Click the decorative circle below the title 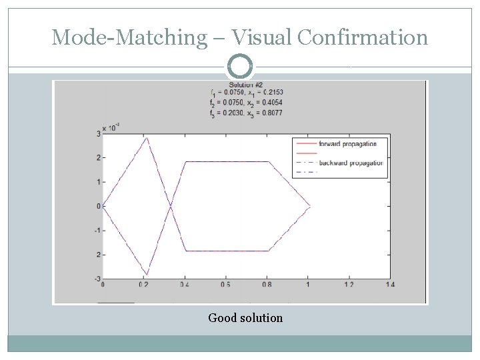pos(240,66)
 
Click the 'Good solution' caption pos(245,318)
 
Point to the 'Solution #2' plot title pos(245,85)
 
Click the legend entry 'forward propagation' pos(347,143)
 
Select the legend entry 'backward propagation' pos(351,163)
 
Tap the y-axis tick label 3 pos(98,134)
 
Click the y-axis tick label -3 pos(97,279)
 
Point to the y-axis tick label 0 pos(98,206)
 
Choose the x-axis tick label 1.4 pos(389,285)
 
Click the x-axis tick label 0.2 pos(143,285)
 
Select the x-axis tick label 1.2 pos(349,285)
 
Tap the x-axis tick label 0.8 pos(267,285)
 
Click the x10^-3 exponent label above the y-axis pos(111,126)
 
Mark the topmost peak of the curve pos(147,137)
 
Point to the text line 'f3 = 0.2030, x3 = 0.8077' pos(245,113)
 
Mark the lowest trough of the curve pos(147,275)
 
